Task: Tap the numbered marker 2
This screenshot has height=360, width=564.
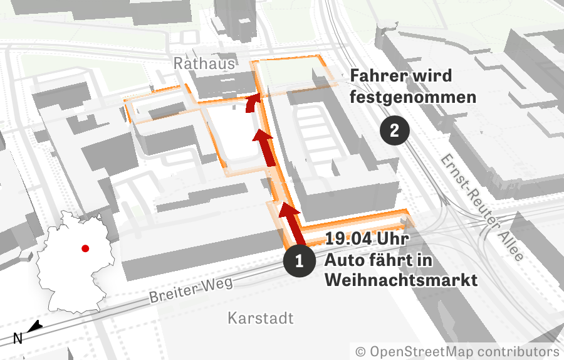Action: point(395,130)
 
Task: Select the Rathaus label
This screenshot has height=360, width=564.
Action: point(204,64)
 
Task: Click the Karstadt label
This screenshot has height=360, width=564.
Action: point(260,319)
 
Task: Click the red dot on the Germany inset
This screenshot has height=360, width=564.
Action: point(85,248)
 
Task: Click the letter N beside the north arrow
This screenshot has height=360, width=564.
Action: point(18,339)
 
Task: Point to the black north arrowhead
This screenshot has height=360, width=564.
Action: point(35,326)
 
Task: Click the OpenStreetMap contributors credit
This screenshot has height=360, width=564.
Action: point(457,351)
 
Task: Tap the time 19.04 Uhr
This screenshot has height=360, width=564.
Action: point(367,240)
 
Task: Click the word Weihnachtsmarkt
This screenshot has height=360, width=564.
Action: point(401,280)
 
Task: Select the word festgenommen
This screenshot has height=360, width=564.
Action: point(413,98)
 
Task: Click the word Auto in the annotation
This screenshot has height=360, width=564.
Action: point(345,260)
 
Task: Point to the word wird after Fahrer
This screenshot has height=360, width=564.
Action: point(430,77)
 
